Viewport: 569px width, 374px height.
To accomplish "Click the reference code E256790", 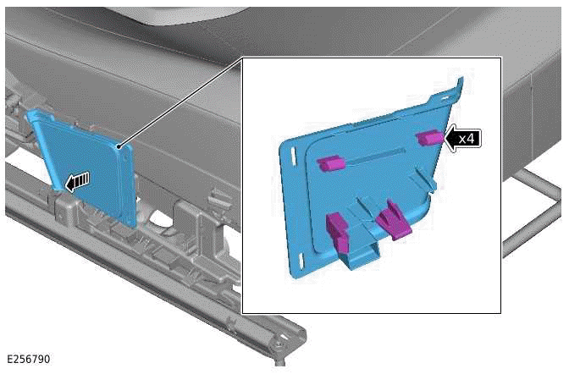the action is (29, 359).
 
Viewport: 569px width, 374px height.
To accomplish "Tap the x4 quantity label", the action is (467, 139).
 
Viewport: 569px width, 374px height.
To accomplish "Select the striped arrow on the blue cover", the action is (77, 181).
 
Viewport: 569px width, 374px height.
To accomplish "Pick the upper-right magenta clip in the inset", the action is (429, 137).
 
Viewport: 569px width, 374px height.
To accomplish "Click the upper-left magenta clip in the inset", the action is (330, 163).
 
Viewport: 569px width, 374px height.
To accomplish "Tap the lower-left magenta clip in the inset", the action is (338, 232).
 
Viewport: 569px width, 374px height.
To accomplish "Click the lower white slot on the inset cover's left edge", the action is (301, 261).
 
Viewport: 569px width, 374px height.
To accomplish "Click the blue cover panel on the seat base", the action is (83, 167).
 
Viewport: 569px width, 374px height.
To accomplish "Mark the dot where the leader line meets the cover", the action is (119, 147).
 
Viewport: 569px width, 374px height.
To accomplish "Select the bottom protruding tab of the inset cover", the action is (360, 256).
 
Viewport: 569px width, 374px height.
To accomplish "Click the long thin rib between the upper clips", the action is (375, 157).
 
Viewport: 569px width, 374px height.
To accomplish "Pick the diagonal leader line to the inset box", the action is (180, 102).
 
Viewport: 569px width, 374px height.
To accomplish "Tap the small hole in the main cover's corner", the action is (124, 158).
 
